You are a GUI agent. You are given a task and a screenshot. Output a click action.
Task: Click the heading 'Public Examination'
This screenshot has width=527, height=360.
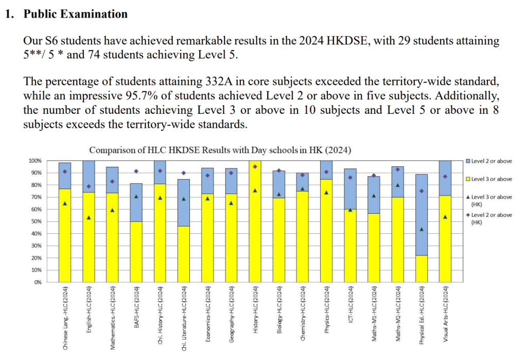click(x=76, y=14)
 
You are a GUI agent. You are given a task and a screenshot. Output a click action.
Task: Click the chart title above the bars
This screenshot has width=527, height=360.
click(x=220, y=150)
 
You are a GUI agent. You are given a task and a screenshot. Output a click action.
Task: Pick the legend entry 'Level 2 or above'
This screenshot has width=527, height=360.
click(x=491, y=161)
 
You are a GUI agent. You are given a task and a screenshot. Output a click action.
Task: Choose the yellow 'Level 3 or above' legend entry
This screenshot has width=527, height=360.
click(x=491, y=179)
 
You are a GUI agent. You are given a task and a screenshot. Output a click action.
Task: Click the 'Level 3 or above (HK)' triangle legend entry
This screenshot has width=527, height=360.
click(x=491, y=200)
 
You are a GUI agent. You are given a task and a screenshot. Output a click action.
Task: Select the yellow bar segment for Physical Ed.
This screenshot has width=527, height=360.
click(x=422, y=268)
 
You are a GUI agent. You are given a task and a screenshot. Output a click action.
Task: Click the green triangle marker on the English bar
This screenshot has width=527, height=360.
click(x=89, y=217)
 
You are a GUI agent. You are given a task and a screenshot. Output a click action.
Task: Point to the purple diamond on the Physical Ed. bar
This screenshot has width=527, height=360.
click(x=422, y=191)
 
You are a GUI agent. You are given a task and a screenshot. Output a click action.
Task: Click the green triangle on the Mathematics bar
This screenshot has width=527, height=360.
click(x=112, y=210)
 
